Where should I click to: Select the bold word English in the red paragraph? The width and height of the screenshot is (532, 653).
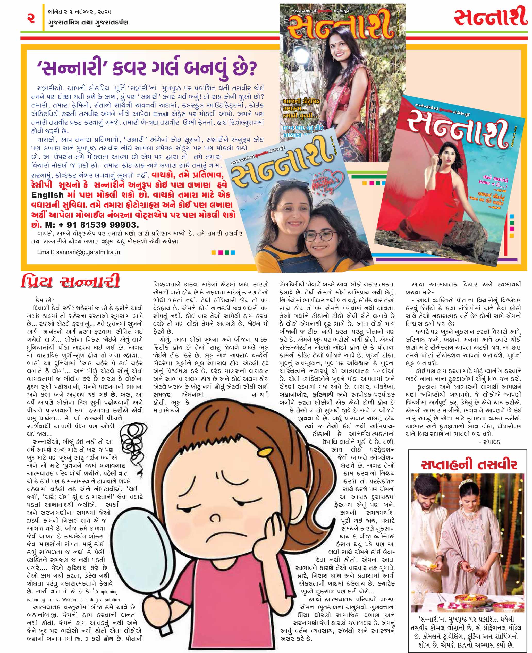coord(47,195)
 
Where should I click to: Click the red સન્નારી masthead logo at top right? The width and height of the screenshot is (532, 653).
coord(490,18)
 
